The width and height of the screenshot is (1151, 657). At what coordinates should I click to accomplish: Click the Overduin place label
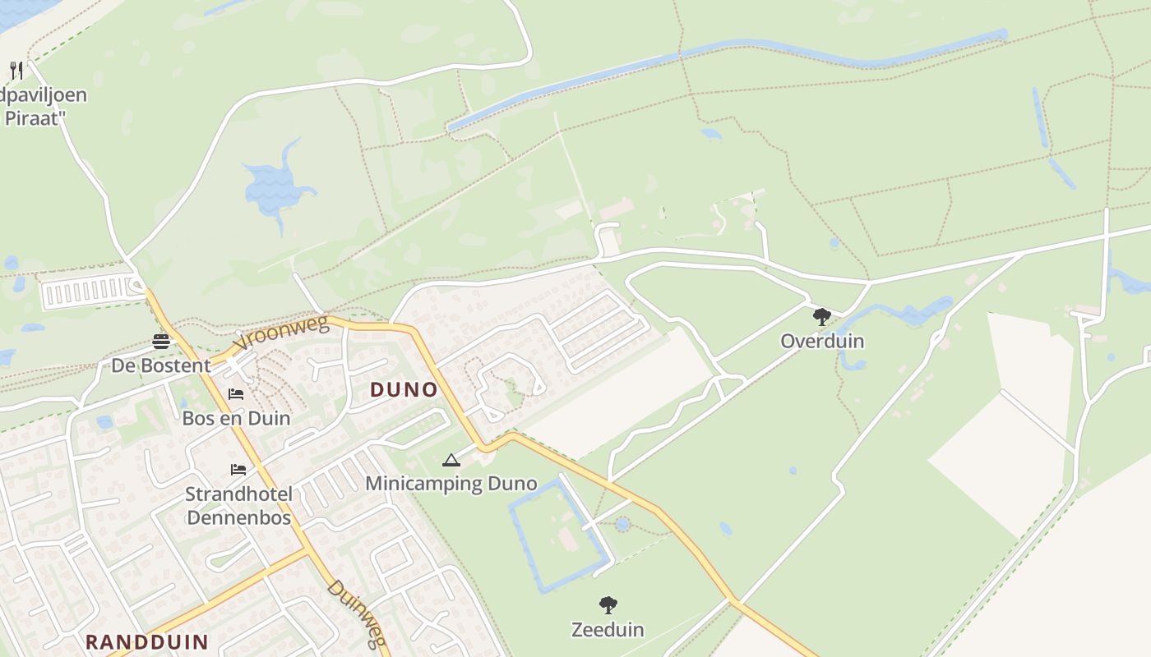click(822, 341)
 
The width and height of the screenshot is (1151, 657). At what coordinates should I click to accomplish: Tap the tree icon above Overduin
click(821, 316)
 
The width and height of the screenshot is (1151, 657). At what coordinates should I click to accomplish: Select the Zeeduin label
click(608, 630)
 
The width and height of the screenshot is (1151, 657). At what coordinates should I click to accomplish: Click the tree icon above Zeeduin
click(608, 605)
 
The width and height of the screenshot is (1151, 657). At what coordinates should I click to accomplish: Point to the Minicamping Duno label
click(451, 483)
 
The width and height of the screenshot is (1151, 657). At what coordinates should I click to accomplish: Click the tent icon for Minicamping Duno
click(451, 460)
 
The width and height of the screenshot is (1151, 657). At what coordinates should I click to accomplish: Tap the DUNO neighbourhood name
click(404, 389)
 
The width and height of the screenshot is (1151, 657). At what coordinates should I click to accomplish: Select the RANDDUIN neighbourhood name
click(146, 641)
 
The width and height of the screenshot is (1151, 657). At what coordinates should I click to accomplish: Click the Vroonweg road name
click(280, 333)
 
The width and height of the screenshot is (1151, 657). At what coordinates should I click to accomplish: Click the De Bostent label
click(161, 365)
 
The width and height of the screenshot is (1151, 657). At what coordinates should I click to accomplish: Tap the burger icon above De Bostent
click(160, 342)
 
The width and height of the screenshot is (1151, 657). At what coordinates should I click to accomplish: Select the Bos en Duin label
click(236, 418)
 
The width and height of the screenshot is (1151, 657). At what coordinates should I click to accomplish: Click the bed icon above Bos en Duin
click(236, 394)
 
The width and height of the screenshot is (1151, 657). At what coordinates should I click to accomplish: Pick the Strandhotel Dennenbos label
click(238, 506)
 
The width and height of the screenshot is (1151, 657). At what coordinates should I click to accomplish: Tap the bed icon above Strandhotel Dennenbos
click(238, 470)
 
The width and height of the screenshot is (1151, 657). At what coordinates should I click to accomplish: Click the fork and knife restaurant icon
click(16, 70)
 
